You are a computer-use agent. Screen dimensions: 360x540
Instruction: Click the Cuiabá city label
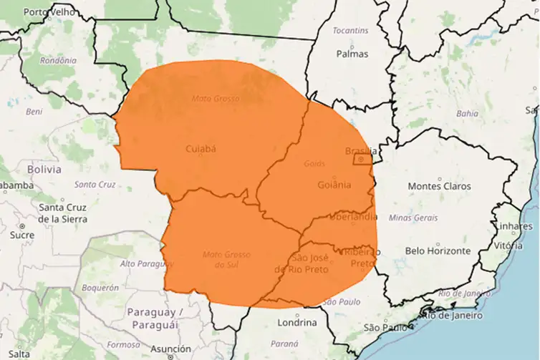coord(201,149)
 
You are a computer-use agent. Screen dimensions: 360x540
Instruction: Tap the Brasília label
coord(360,151)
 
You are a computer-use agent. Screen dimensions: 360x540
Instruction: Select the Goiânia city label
coord(334,185)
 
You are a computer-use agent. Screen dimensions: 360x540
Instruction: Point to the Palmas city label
coord(352,54)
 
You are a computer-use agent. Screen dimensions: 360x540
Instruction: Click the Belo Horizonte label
coord(438,250)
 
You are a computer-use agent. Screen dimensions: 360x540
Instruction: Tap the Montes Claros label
coord(439,186)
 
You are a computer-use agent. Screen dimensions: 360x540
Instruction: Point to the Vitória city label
coord(509,245)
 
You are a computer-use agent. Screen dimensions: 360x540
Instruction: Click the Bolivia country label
coord(44,170)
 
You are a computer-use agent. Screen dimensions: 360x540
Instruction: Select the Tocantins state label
coord(351,31)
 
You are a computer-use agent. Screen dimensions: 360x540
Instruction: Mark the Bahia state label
coord(467,113)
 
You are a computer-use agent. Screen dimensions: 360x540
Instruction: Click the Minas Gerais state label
coord(413,217)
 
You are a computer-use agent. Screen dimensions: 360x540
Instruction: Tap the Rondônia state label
coord(58,60)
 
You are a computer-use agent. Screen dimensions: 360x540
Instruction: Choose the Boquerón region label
coord(100,287)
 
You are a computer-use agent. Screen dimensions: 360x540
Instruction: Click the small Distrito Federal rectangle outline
coord(362,160)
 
